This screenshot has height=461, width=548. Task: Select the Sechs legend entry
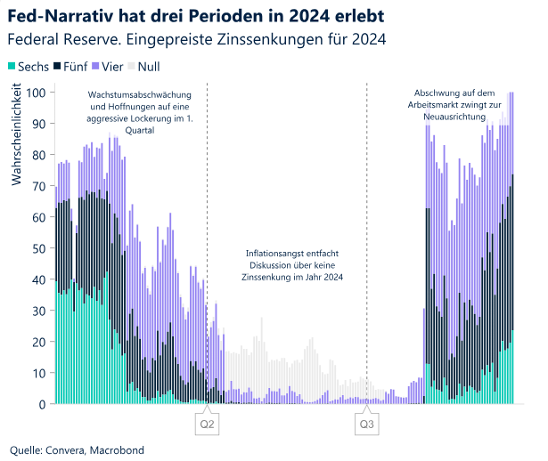click(33, 67)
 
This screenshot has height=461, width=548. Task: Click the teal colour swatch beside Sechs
click(12, 67)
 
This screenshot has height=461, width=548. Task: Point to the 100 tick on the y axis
click(37, 93)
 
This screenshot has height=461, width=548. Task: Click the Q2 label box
click(207, 425)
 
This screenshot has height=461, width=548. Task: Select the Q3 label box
click(366, 425)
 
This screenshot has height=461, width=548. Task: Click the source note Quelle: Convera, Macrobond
click(77, 449)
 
